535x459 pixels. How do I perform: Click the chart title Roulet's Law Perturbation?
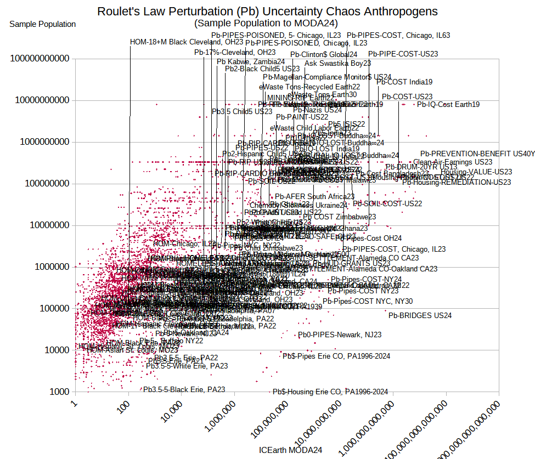(267, 12)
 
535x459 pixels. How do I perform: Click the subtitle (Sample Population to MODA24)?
(266, 23)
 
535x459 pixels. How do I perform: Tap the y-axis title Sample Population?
(43, 24)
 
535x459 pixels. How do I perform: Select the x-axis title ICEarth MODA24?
(290, 450)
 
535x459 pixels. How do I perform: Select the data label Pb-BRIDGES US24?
(420, 315)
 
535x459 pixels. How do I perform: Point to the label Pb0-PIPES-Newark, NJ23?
(340, 335)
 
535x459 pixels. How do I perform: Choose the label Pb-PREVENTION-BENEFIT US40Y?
(477, 154)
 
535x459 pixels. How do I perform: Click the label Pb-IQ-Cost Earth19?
(448, 104)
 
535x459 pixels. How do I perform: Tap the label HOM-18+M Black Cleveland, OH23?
(187, 42)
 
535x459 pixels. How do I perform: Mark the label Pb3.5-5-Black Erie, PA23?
(184, 389)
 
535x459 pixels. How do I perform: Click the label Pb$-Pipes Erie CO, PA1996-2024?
(336, 356)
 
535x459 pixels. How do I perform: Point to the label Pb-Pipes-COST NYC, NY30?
(368, 301)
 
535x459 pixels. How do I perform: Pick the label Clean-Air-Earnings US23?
(453, 162)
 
